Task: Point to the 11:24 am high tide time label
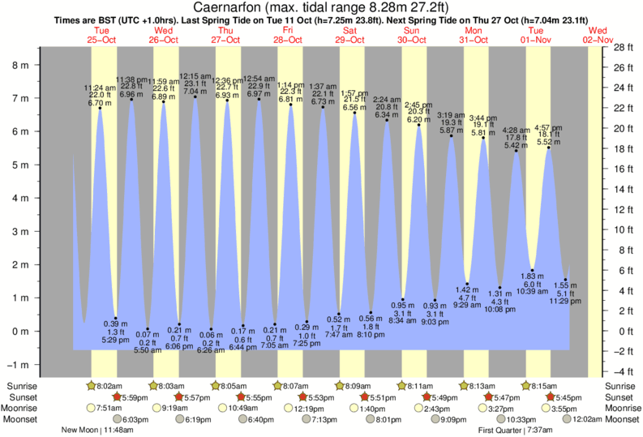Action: tap(100, 87)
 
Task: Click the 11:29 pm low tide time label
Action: tap(564, 301)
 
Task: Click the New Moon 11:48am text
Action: tap(96, 431)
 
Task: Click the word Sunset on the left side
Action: tap(22, 397)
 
